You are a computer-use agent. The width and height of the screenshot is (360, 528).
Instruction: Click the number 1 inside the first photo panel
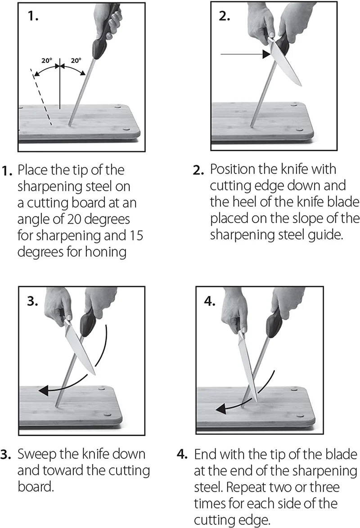click(x=33, y=16)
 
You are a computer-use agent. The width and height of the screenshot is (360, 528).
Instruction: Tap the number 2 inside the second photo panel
click(x=225, y=16)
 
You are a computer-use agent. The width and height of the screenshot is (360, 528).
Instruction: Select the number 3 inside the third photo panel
click(x=32, y=301)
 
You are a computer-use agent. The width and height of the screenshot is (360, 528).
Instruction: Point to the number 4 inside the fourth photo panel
click(x=210, y=301)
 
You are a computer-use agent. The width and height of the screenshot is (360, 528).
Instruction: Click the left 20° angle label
click(x=47, y=61)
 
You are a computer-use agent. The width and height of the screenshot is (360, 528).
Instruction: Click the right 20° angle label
click(x=76, y=61)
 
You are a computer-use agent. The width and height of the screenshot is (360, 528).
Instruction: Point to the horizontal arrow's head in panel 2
click(x=266, y=54)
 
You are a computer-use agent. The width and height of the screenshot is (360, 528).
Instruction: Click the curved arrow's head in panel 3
click(x=43, y=391)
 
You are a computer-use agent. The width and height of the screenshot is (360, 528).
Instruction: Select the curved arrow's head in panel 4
click(x=220, y=409)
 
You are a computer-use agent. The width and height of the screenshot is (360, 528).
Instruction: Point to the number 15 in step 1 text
click(x=136, y=235)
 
